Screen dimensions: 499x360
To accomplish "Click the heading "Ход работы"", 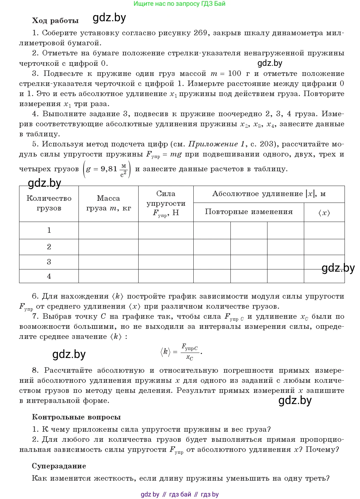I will coord(55,21).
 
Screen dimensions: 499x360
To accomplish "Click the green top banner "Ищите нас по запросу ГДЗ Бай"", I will coord(179,4).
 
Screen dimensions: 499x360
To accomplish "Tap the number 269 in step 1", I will coord(200,33).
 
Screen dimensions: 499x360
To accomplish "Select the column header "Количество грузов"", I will coord(49,203).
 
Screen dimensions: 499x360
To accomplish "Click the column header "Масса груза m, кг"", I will coord(108,203).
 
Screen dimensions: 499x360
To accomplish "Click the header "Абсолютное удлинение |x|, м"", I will coord(269,194).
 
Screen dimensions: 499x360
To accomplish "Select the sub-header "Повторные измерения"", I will coord(249,212).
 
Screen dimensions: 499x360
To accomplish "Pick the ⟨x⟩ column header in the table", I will coord(324,213).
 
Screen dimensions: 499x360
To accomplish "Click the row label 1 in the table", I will coord(49,230).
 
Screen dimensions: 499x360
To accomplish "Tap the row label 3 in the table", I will coord(49,262).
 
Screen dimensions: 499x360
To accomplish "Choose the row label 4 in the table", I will coord(49,276).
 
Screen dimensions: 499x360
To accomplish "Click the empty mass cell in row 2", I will coord(108,247).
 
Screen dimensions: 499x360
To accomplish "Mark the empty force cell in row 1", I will coord(166,230).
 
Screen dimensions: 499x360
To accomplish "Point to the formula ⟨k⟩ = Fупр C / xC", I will coord(181,352).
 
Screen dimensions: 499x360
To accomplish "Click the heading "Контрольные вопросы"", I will coord(76,417).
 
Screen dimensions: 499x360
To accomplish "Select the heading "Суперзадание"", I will coord(59,466).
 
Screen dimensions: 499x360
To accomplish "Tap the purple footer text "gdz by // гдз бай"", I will coord(166,494).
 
